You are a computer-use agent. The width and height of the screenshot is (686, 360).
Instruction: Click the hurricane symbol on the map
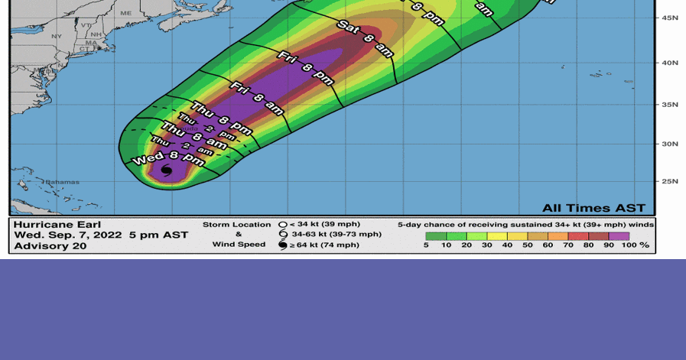(167, 170)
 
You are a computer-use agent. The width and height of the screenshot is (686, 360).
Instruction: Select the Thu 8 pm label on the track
(221, 118)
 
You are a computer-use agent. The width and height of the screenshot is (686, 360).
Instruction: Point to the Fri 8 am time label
(257, 98)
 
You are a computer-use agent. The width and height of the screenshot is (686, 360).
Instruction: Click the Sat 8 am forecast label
(366, 39)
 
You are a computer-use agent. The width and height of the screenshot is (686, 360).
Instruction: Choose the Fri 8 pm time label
(305, 68)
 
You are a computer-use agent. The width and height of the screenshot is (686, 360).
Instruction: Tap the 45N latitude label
(669, 18)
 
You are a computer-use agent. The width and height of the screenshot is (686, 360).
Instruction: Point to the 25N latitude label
(669, 181)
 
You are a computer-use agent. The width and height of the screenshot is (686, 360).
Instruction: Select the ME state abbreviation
(126, 13)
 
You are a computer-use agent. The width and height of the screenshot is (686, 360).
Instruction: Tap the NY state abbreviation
(57, 36)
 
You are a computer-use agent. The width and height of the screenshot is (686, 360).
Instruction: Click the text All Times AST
(593, 208)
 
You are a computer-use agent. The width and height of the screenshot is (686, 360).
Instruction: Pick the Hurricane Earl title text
(57, 225)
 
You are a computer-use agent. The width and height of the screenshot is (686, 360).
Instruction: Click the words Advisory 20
(50, 246)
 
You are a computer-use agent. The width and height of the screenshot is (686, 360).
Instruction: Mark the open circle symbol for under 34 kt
(282, 225)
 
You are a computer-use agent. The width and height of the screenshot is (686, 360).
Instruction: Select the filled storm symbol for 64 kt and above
(282, 245)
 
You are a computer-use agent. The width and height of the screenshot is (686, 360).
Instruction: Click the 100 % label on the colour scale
(636, 245)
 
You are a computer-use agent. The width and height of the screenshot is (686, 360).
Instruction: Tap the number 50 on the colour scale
(528, 245)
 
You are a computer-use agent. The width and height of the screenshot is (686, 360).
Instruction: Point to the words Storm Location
(236, 225)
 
